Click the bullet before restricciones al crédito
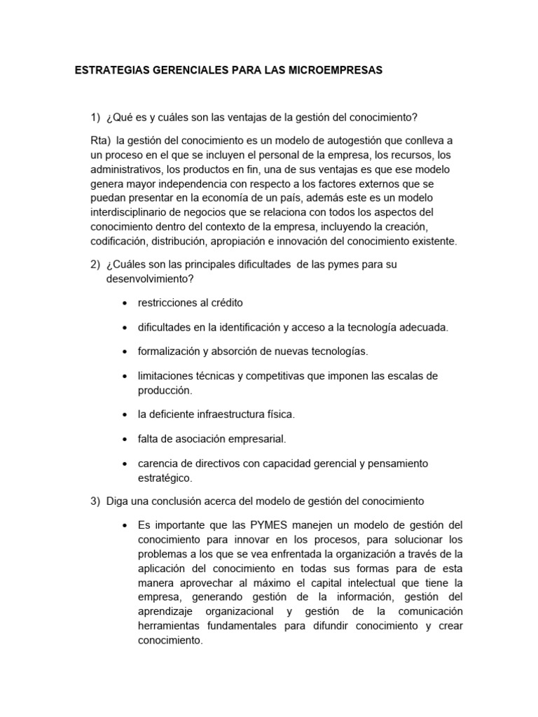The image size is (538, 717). point(125,303)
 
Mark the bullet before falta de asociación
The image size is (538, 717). point(125,439)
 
